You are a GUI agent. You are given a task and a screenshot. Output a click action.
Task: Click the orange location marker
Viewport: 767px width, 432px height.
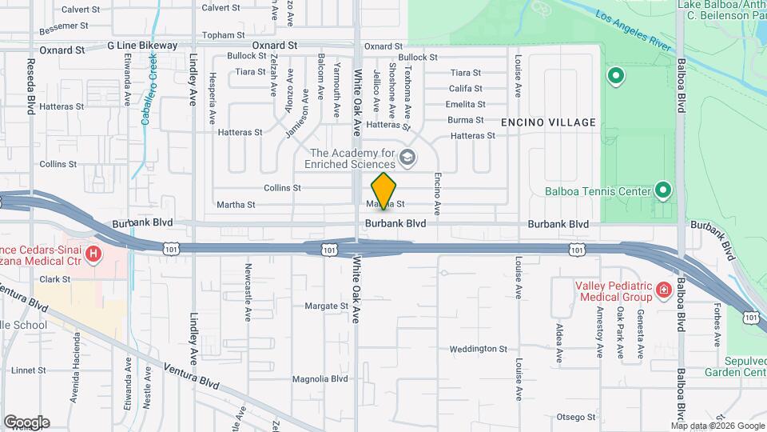point(384,191)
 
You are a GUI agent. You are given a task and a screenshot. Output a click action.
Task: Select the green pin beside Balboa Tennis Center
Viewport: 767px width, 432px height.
point(662,190)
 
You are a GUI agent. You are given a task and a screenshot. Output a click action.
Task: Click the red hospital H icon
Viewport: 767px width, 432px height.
point(94,255)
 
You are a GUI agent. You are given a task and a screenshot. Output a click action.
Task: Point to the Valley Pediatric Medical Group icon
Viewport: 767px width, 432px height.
point(662,290)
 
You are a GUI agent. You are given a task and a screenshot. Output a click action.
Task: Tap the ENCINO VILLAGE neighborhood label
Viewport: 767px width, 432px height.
point(548,122)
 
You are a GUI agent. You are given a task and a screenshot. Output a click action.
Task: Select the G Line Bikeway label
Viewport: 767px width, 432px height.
point(142,46)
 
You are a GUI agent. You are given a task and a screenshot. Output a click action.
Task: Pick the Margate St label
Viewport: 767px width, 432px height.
point(327,306)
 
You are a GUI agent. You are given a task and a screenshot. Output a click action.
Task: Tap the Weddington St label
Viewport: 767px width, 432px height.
point(479,349)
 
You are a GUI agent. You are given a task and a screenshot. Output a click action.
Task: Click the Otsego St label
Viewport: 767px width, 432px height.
point(577,416)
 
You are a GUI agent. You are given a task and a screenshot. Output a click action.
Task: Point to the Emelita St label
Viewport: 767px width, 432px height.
point(466,104)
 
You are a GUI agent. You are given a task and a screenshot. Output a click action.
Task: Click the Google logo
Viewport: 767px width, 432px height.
point(26,422)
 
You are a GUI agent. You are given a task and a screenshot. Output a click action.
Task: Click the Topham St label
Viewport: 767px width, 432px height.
point(223,35)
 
